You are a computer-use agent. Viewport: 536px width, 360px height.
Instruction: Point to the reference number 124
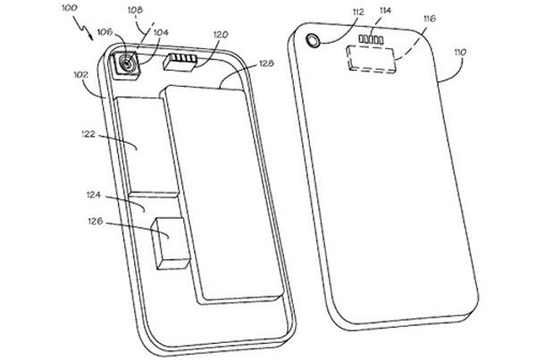tap(95, 192)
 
